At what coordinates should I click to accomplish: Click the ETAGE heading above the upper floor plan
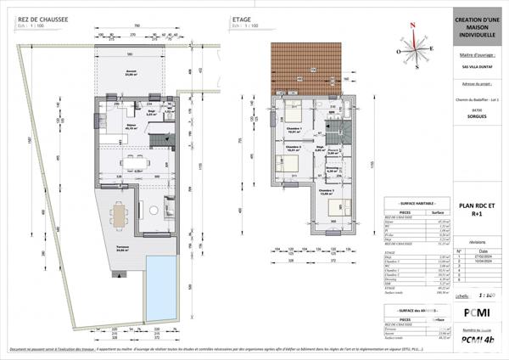coord(241,17)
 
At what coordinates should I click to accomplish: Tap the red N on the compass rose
coord(411,25)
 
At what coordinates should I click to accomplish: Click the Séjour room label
coord(132,127)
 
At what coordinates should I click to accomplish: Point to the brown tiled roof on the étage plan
coord(305,67)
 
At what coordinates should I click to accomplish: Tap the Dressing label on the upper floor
coord(333,168)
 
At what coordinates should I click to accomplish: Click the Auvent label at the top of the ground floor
coord(131,73)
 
